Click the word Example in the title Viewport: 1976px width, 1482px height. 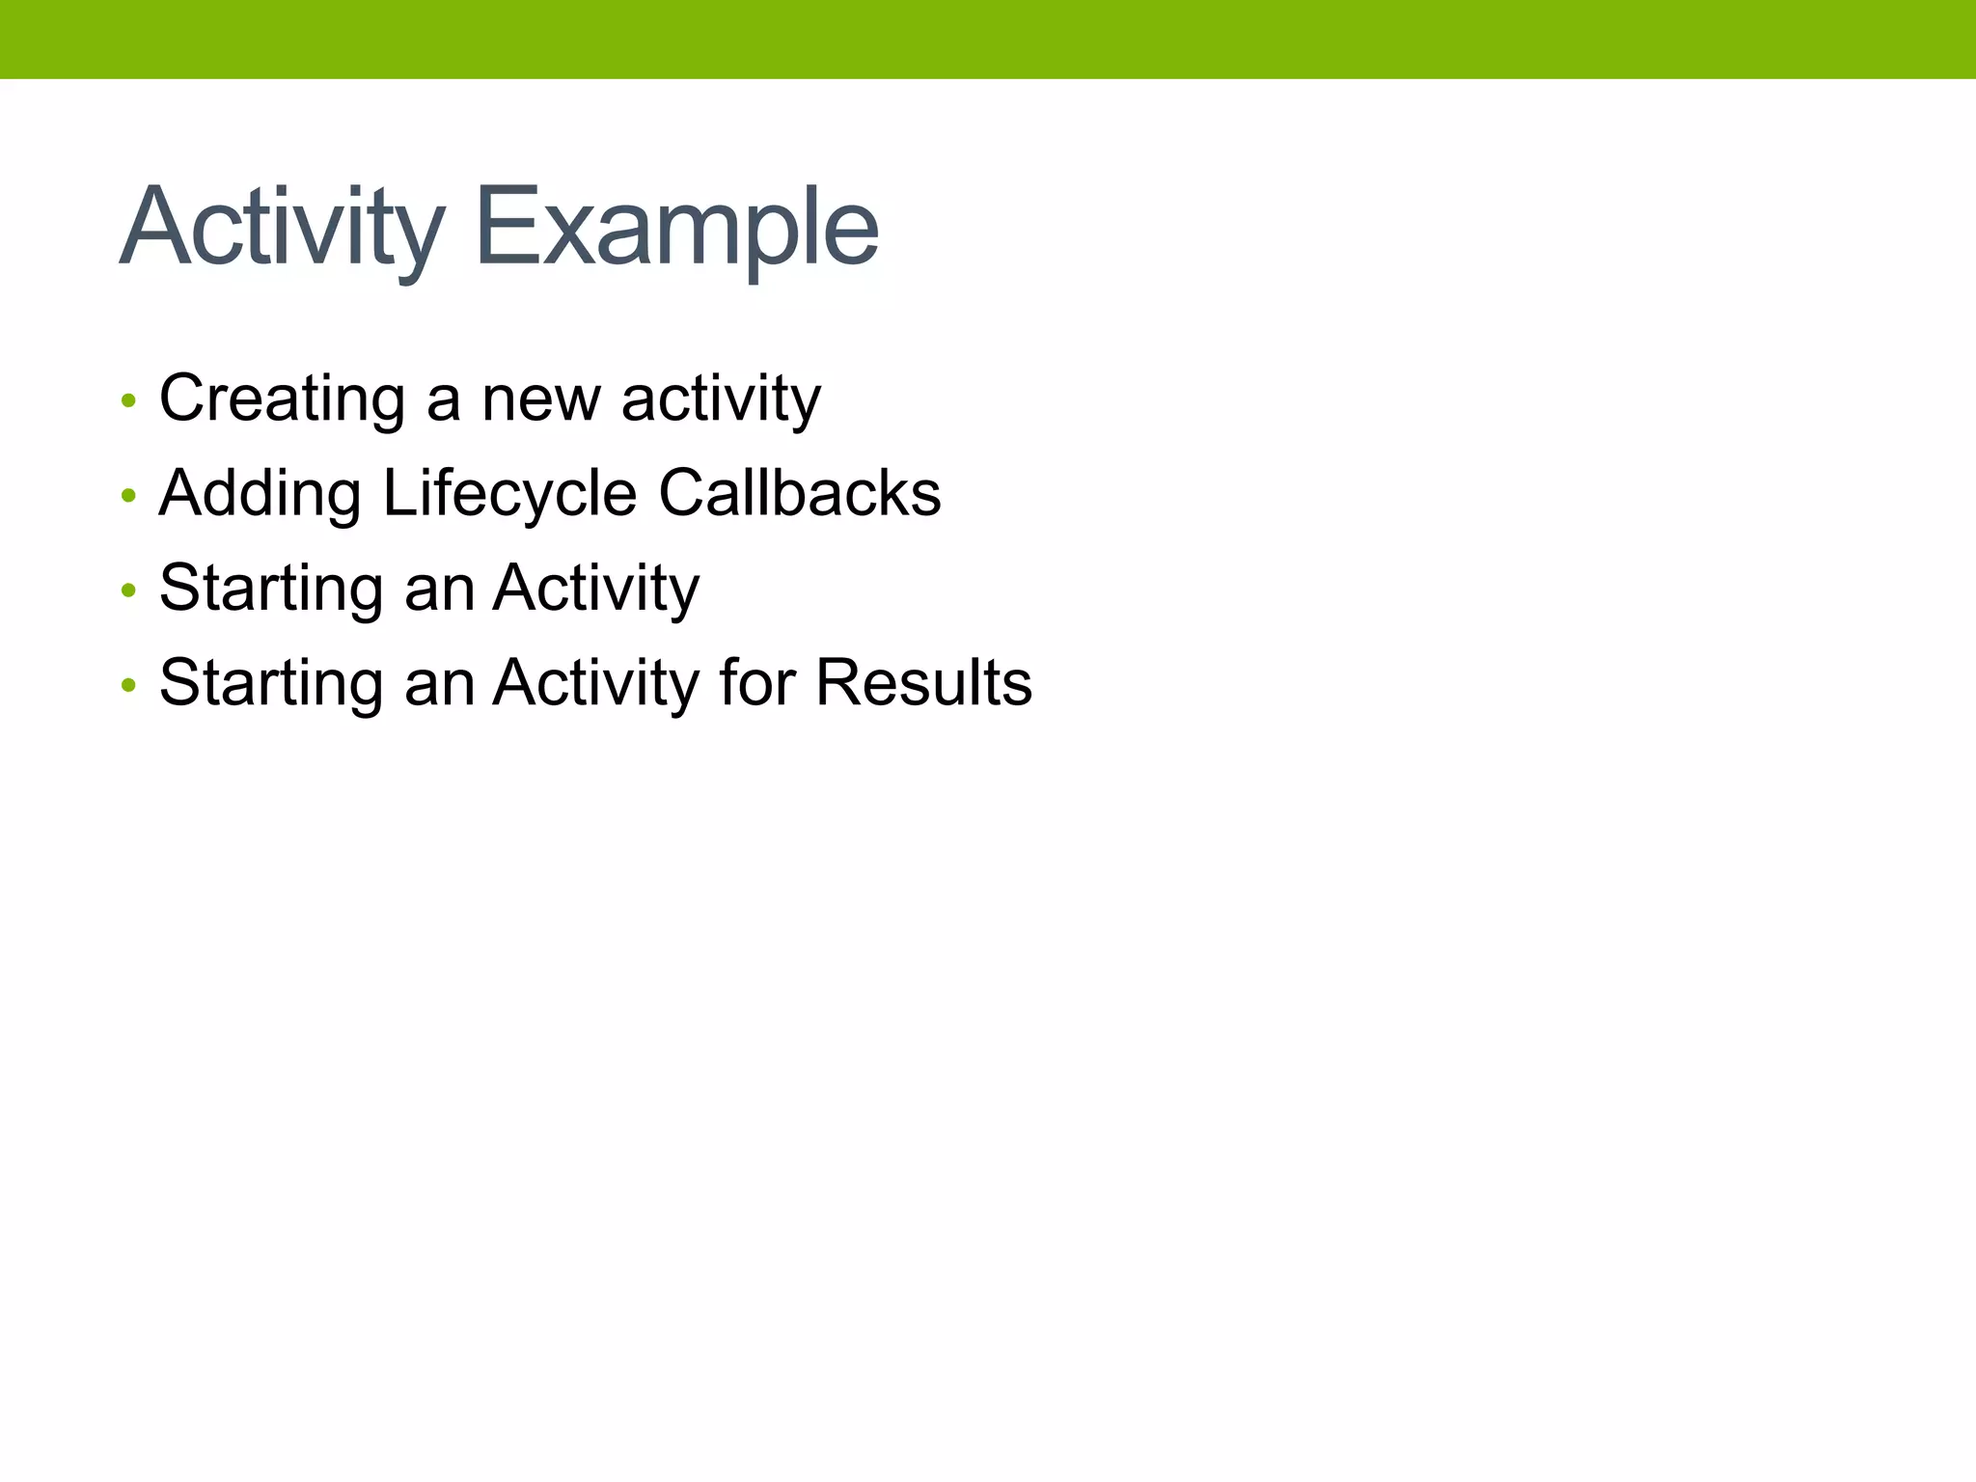tap(677, 228)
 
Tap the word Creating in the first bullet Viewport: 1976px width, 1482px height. tap(282, 398)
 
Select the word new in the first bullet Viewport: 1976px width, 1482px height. tap(540, 398)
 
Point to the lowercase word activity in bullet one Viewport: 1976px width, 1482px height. tap(721, 398)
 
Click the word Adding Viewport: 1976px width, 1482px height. tap(260, 493)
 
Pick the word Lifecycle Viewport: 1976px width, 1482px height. tap(509, 493)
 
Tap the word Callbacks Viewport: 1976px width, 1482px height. tap(800, 493)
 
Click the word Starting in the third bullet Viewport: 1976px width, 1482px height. tap(270, 588)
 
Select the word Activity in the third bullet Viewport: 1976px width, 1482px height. tap(596, 588)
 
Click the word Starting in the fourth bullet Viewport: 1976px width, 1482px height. tap(270, 682)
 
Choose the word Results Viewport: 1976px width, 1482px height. tap(923, 682)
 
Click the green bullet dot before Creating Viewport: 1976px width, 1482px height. tap(128, 400)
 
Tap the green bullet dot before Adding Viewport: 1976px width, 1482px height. tap(128, 496)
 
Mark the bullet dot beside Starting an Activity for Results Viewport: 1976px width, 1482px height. tap(128, 686)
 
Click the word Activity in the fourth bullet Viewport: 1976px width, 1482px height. tap(596, 682)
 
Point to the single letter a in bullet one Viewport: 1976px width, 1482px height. tap(443, 398)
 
